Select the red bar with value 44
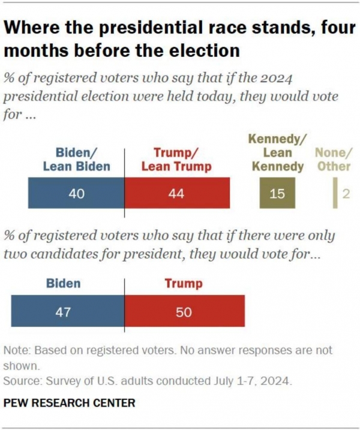tap(177, 194)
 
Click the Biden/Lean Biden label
tap(76, 160)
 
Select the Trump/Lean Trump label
tap(176, 160)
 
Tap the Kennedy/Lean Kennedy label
tap(277, 153)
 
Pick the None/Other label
tap(334, 160)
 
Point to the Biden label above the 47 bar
tap(64, 283)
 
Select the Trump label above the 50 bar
tap(184, 283)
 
